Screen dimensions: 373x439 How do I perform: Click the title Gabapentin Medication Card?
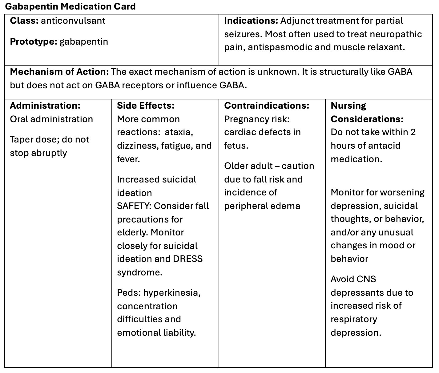click(70, 6)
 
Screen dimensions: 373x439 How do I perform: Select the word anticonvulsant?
click(73, 21)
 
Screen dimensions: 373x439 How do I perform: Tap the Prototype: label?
click(34, 42)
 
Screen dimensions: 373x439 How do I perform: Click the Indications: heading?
click(251, 21)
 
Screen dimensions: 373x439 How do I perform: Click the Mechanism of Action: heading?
click(59, 72)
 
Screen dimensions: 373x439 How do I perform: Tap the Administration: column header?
click(45, 106)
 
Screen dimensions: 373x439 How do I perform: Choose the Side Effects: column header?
click(146, 106)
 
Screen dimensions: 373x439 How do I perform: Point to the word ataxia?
click(179, 132)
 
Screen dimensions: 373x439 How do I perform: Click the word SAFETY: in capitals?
click(134, 206)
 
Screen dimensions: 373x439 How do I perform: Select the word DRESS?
click(188, 259)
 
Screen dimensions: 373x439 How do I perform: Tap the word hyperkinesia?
click(172, 292)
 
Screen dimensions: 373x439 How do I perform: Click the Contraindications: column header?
click(267, 106)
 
